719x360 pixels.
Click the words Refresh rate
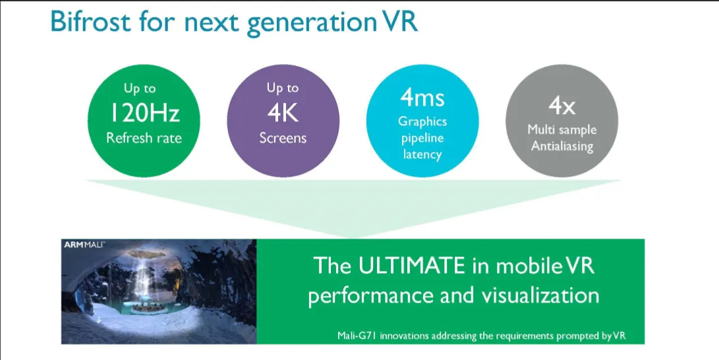[x=144, y=138]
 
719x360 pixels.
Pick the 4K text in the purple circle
[x=283, y=113]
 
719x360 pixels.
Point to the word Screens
[x=283, y=138]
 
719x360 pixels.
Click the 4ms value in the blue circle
[x=422, y=97]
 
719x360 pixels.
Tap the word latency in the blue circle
[x=422, y=154]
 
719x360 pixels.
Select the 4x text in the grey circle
[x=561, y=107]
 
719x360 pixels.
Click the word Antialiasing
[x=562, y=146]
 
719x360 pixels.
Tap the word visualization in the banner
[x=540, y=296]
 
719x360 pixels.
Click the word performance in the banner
[x=370, y=297]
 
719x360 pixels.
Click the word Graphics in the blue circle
[x=422, y=121]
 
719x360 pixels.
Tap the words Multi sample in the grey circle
[x=561, y=130]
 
